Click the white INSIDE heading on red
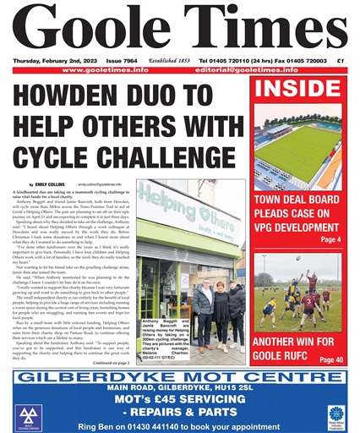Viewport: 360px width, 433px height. tap(297, 89)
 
